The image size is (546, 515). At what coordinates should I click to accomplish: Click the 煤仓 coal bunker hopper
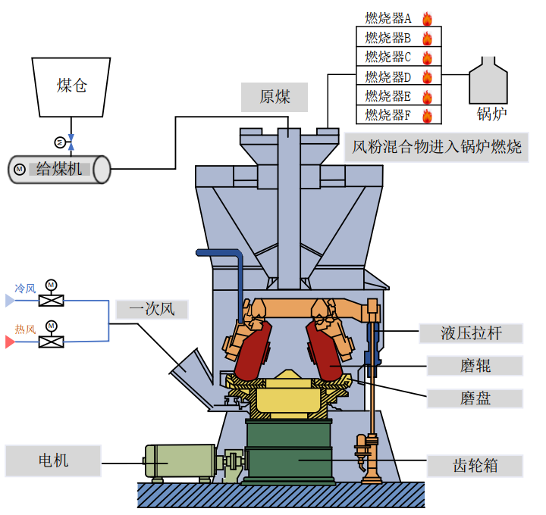point(71,85)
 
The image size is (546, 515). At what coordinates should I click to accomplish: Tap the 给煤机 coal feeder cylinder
point(59,169)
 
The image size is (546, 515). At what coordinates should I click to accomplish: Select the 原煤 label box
point(275,96)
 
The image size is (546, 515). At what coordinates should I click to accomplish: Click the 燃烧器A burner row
point(398,18)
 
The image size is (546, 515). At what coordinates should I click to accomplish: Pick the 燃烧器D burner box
point(398,76)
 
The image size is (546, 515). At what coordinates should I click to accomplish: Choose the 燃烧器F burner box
point(398,115)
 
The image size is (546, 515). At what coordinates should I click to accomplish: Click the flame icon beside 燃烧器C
point(427,58)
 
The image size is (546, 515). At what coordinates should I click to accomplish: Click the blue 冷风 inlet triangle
point(10,301)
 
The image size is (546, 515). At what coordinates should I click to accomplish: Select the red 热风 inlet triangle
point(10,342)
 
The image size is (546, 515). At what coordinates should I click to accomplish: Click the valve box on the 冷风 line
point(51,301)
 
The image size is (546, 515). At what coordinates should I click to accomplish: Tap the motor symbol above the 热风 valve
point(51,326)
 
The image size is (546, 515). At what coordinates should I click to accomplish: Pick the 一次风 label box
point(151,309)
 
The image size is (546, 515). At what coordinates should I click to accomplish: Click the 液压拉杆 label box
point(471,332)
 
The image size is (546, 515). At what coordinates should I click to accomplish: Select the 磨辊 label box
point(475,366)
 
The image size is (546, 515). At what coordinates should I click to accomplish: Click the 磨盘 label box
point(475,398)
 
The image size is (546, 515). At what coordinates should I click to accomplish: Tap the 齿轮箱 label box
point(475,465)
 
